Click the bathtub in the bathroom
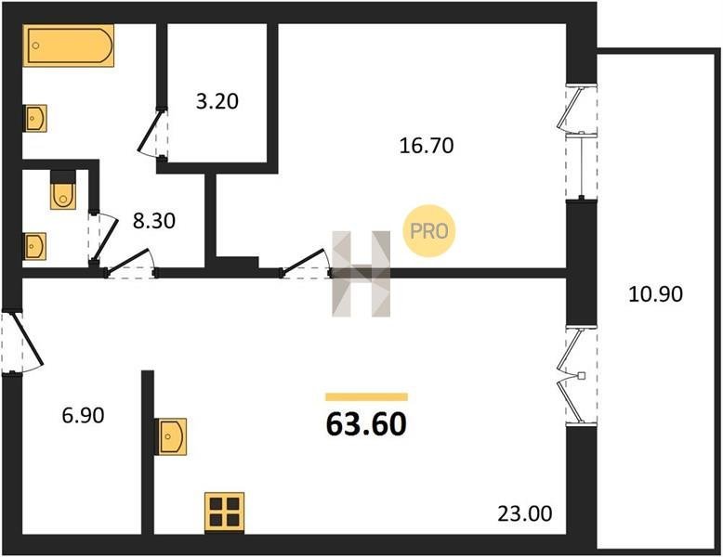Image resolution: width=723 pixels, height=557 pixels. point(68,45)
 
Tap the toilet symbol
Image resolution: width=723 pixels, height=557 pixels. point(63,190)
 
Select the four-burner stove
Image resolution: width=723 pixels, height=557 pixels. point(225,512)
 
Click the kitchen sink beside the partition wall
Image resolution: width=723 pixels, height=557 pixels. point(171,436)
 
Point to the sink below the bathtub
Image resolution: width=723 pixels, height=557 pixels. point(35,119)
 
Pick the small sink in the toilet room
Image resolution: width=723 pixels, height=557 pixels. point(34,247)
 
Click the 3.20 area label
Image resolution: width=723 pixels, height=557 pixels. point(217,101)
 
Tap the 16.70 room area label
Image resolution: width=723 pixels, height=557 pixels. point(427,146)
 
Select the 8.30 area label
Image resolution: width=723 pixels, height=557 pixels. point(154,221)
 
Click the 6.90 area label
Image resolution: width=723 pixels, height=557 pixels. point(83,416)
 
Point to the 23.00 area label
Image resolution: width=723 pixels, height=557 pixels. point(525,513)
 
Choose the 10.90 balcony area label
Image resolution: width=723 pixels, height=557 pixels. point(656,294)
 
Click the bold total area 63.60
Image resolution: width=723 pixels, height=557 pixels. point(366,424)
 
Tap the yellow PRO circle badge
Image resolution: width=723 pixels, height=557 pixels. point(428,231)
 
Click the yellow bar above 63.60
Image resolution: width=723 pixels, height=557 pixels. point(366,397)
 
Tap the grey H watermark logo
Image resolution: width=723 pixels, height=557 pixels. point(361,274)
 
